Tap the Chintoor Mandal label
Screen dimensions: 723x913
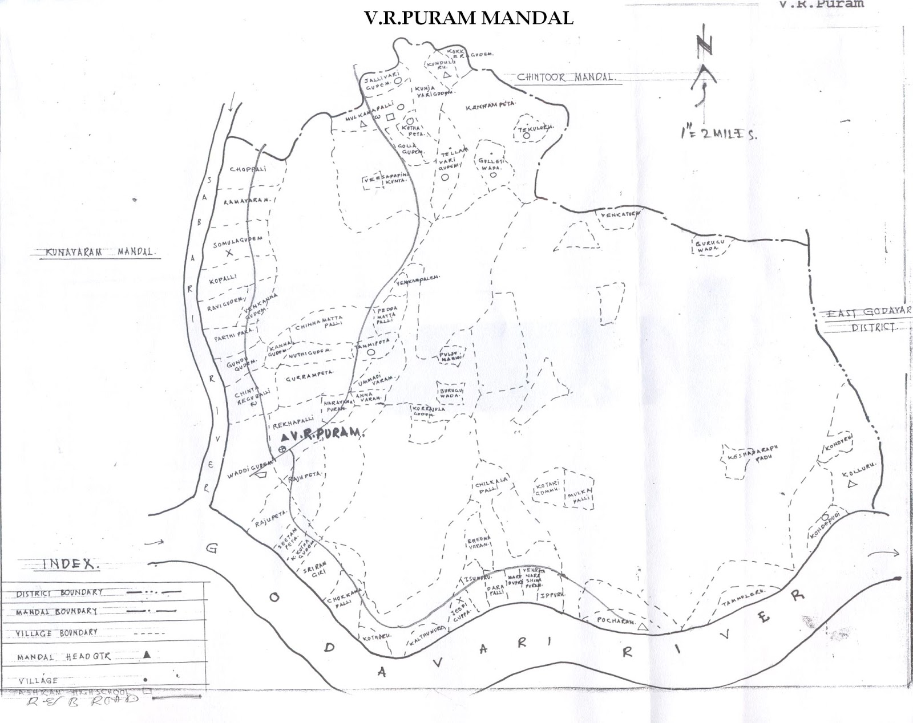(x=565, y=78)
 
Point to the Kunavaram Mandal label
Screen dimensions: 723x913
(x=95, y=251)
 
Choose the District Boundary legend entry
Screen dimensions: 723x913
(x=60, y=593)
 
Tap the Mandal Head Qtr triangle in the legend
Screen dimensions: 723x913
(x=147, y=655)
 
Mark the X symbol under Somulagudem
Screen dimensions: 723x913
(x=230, y=253)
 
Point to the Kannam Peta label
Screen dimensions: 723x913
(x=490, y=107)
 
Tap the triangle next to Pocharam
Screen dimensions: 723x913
(x=642, y=627)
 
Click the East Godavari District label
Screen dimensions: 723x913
(x=864, y=319)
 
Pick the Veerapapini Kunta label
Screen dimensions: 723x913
(x=385, y=181)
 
